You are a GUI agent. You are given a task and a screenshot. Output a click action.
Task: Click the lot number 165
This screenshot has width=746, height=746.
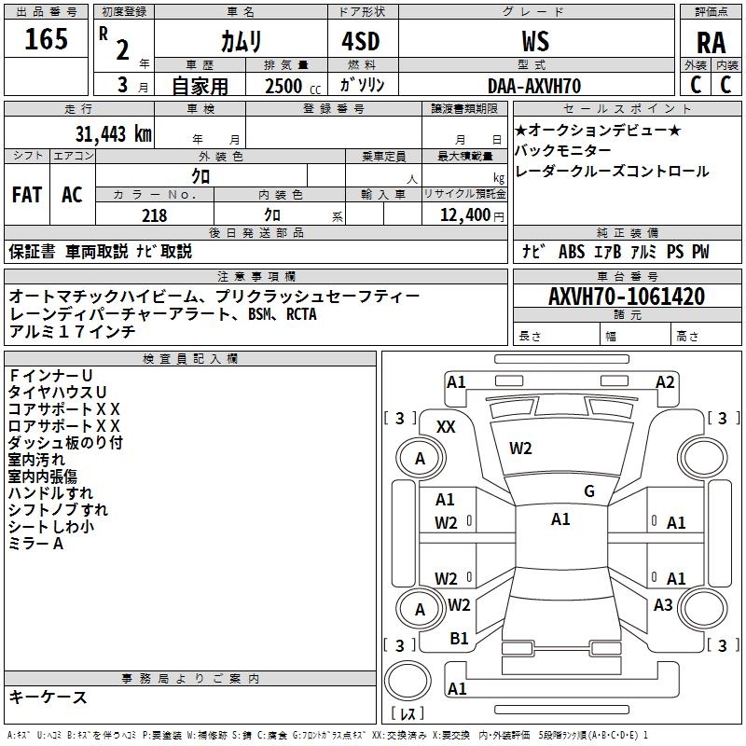(46, 40)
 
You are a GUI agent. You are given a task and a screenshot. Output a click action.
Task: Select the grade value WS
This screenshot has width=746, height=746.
(535, 41)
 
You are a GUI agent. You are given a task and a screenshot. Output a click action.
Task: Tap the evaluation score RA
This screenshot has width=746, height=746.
(711, 43)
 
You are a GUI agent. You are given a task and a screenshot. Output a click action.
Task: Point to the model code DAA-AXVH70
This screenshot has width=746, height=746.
(534, 86)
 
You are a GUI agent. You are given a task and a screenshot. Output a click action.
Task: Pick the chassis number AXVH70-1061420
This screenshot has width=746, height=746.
(627, 297)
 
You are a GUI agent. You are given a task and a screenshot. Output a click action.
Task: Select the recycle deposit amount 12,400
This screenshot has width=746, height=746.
(463, 215)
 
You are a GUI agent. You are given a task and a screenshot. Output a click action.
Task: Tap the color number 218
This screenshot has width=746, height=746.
(154, 215)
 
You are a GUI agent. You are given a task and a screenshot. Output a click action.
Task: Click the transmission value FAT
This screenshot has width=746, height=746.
(27, 195)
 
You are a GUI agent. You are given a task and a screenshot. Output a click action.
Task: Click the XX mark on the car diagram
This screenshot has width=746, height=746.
(447, 426)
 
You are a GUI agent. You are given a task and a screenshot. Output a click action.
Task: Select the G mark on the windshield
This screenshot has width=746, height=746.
(589, 491)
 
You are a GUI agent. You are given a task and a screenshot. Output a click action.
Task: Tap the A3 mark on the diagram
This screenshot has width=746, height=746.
(663, 605)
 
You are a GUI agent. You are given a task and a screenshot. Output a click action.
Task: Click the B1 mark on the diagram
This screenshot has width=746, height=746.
(459, 639)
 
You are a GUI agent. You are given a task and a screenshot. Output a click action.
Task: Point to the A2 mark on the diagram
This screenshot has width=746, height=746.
(665, 381)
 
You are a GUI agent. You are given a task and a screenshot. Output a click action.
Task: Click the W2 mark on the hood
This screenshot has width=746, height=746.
(520, 449)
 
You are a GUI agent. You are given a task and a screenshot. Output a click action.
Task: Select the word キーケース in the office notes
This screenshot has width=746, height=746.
(48, 697)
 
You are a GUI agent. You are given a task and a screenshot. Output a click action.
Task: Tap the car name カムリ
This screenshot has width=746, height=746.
(241, 41)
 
